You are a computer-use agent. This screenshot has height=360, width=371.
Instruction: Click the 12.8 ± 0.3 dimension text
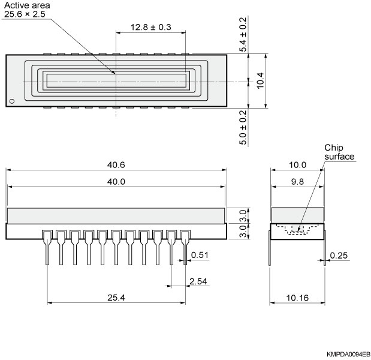(150, 28)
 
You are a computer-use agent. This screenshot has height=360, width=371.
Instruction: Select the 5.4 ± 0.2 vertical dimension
(243, 34)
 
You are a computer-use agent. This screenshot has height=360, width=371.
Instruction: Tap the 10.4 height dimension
(260, 80)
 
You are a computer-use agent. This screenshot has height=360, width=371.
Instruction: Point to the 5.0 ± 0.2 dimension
(243, 127)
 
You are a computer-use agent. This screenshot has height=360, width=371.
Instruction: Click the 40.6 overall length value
(116, 165)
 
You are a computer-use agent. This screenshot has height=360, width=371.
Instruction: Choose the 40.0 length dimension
(116, 182)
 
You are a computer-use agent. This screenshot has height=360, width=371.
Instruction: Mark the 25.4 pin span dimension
(116, 296)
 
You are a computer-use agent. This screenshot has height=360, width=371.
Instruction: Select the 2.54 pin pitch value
(198, 281)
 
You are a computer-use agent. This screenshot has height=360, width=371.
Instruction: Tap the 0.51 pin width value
(200, 256)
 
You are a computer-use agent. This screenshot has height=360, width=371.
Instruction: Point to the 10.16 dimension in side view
(297, 296)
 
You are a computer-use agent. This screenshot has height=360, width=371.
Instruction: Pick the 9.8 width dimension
(297, 182)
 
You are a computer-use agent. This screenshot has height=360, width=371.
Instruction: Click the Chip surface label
(339, 152)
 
